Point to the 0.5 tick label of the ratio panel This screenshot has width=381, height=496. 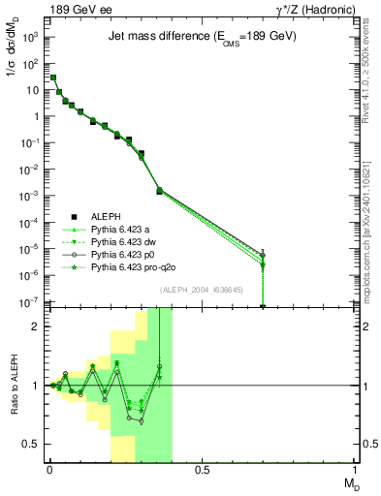30,444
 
